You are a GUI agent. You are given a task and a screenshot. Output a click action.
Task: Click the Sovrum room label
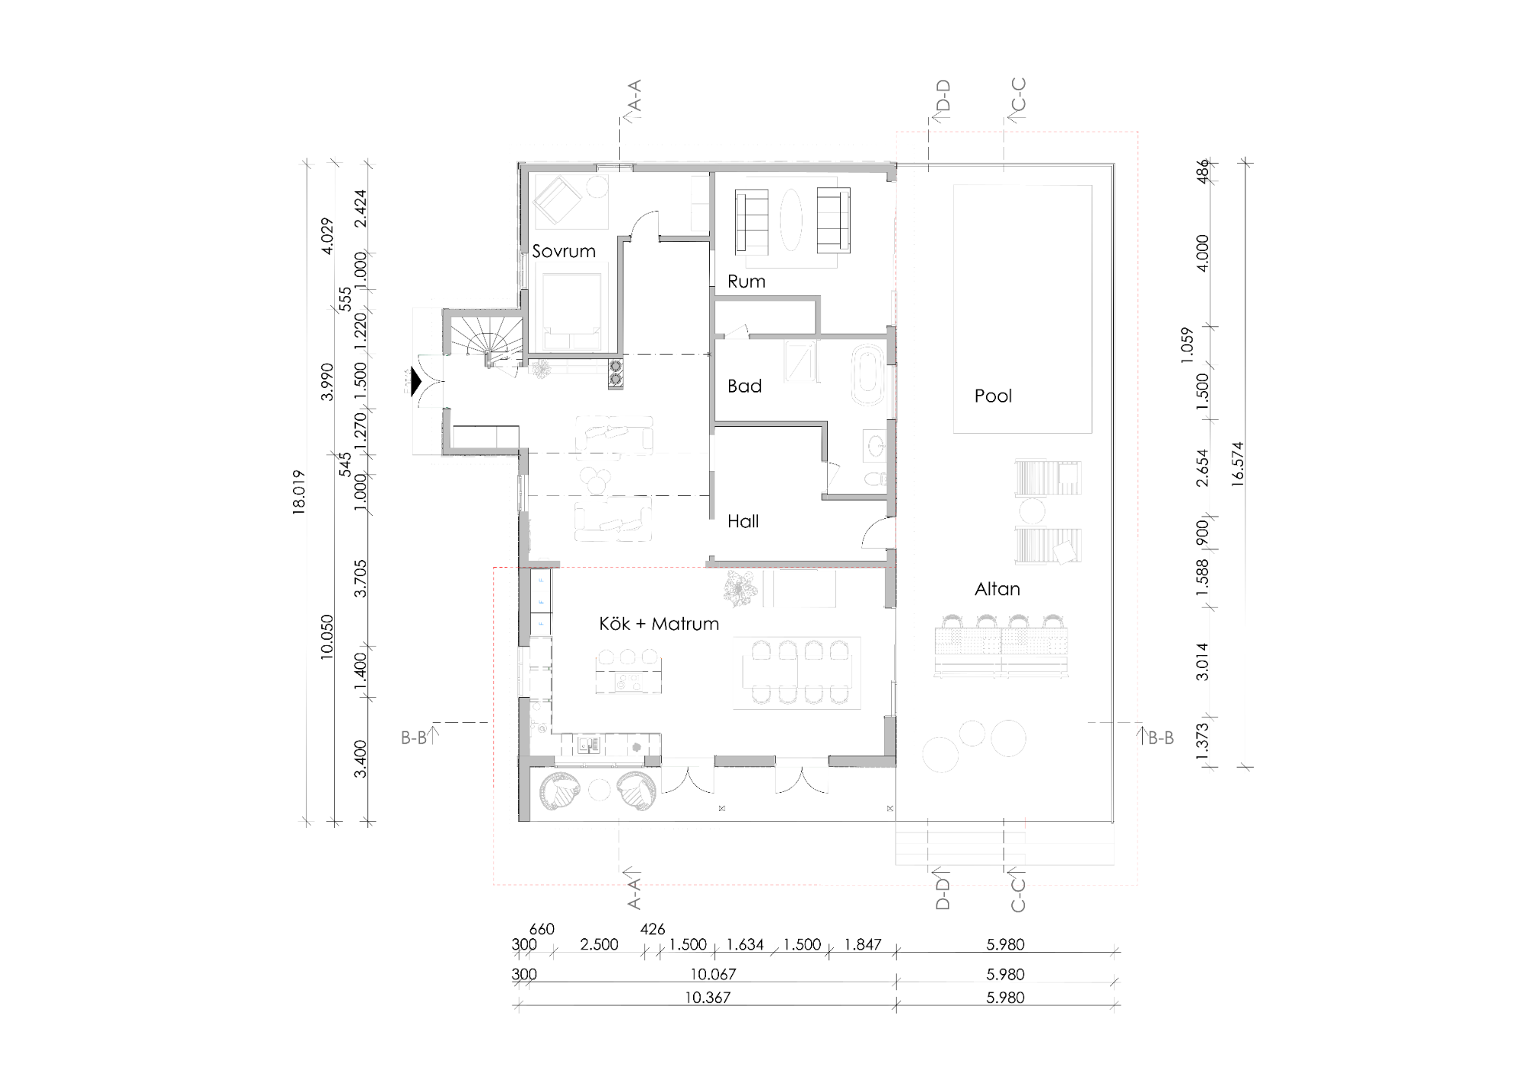[x=564, y=251]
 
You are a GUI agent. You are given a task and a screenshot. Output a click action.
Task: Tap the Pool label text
[x=993, y=396]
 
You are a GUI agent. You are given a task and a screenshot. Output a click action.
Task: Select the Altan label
[x=997, y=589]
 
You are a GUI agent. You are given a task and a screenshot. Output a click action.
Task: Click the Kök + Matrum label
[x=659, y=624]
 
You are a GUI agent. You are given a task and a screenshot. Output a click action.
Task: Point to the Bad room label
[x=744, y=386]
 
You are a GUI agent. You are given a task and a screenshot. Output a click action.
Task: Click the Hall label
[x=743, y=522]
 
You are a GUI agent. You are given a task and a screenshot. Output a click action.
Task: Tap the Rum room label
[x=746, y=282]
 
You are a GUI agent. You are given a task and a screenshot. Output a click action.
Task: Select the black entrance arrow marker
[x=416, y=382]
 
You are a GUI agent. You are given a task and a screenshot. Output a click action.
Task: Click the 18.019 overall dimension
[x=298, y=492]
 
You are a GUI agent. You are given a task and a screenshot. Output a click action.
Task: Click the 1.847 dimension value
[x=862, y=945]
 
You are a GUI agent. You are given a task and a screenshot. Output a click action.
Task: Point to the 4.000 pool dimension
[x=1202, y=253]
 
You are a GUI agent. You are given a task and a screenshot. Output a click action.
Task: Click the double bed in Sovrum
[x=572, y=306]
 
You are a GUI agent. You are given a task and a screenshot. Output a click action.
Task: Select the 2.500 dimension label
[x=599, y=945]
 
